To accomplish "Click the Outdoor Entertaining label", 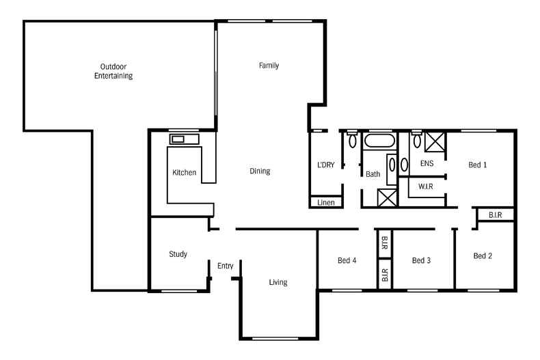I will (x=113, y=71).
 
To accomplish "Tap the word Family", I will (x=269, y=66).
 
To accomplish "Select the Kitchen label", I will (x=185, y=173).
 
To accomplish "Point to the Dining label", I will (x=260, y=171).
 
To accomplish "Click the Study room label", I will (x=178, y=254).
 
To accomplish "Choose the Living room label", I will (x=278, y=282).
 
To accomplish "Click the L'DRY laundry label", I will (x=325, y=165).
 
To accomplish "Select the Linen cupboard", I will (x=325, y=202).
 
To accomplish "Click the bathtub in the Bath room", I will (x=377, y=143).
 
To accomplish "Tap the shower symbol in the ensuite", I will (x=435, y=142).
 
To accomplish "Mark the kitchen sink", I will (x=179, y=139).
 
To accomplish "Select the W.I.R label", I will (x=426, y=186).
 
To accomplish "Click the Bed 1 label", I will (x=478, y=165).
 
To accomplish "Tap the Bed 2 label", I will (x=483, y=256).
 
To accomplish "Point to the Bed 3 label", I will (x=422, y=260).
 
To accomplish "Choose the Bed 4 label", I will (x=347, y=260).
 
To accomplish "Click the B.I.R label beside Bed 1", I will (x=496, y=215).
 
